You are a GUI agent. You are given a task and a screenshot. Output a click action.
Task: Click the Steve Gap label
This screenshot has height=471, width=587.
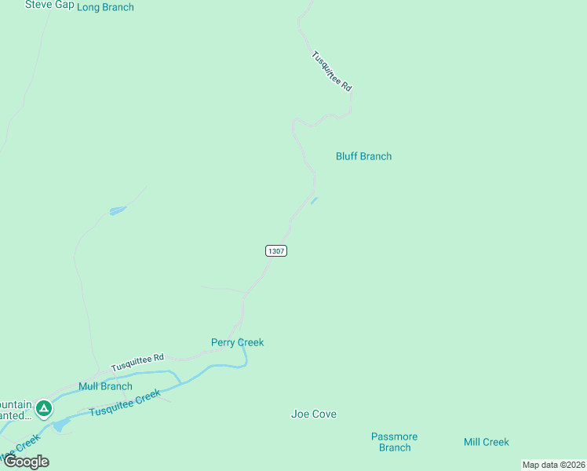click(49, 5)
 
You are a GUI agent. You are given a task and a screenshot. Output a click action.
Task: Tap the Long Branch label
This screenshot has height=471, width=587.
click(105, 7)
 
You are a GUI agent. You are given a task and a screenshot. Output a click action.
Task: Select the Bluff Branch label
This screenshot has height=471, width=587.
click(363, 156)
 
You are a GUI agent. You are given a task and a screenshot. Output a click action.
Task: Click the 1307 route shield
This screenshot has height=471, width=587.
click(275, 250)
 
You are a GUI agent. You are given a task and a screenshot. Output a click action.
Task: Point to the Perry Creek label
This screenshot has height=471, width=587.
click(237, 342)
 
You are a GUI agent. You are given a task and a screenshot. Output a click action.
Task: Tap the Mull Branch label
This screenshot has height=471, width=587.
click(105, 386)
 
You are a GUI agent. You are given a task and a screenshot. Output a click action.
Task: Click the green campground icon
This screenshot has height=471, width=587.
click(45, 408)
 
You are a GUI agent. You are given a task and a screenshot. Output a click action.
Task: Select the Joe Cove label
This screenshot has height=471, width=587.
click(313, 414)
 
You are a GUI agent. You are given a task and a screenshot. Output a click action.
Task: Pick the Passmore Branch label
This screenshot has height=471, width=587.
click(394, 442)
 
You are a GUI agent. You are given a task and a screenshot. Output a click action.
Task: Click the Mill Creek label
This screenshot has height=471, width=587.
click(486, 442)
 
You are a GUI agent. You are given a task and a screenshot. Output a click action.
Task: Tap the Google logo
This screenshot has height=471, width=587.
click(26, 462)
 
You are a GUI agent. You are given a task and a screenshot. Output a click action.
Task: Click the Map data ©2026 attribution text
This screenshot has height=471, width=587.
click(553, 465)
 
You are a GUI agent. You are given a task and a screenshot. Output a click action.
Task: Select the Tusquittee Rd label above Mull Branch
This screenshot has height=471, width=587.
click(137, 363)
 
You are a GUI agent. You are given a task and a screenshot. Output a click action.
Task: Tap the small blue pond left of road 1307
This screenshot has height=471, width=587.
click(118, 210)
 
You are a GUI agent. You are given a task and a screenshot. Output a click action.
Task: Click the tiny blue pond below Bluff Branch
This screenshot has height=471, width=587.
click(314, 201)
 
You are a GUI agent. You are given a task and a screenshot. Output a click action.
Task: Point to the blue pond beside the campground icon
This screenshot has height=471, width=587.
click(61, 425)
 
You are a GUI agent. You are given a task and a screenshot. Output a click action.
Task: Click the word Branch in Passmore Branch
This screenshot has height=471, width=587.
click(394, 447)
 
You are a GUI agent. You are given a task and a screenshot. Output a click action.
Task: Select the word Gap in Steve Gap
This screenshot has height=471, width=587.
click(64, 5)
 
